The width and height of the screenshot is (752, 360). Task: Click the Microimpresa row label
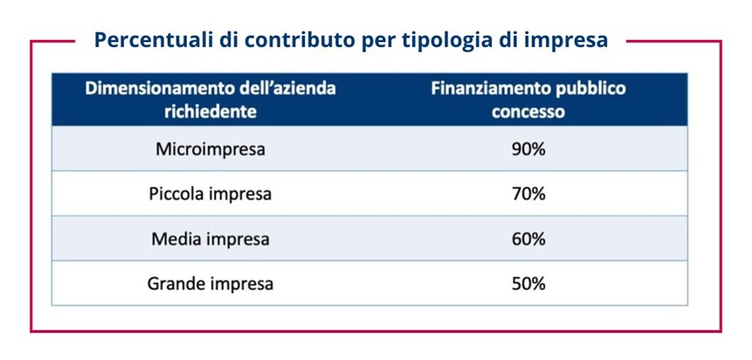click(210, 149)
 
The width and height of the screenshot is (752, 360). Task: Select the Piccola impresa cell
click(210, 194)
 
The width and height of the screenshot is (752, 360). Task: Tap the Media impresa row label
click(210, 239)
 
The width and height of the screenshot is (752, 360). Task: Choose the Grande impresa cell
click(210, 283)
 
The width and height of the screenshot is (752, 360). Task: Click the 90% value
click(528, 149)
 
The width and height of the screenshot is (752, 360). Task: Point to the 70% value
click(528, 194)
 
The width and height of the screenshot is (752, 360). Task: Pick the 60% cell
click(528, 239)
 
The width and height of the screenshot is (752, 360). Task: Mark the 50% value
click(528, 283)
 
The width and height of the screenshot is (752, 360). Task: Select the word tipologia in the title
click(434, 40)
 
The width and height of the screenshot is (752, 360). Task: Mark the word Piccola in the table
click(176, 194)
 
